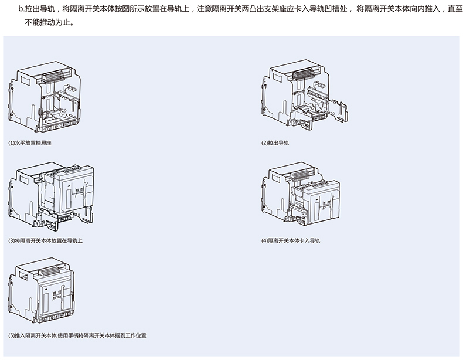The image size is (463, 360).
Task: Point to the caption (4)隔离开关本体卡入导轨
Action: [x=291, y=240]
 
